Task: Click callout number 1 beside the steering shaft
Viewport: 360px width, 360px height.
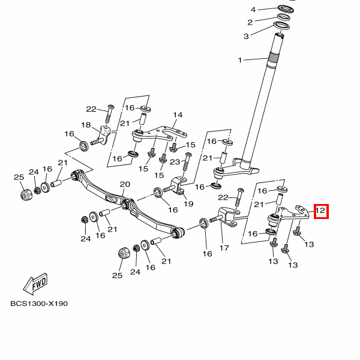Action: (241, 60)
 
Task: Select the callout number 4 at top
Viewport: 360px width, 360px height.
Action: (253, 10)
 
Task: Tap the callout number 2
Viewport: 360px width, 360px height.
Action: (250, 22)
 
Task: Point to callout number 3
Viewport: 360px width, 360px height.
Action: (245, 36)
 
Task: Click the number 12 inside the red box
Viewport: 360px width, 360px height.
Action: (320, 211)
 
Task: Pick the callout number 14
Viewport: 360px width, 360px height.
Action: (178, 115)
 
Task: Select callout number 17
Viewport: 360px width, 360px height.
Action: (225, 247)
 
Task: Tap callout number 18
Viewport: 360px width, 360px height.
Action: (86, 125)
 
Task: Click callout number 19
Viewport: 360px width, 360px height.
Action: (188, 204)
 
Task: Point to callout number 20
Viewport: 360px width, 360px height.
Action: (125, 184)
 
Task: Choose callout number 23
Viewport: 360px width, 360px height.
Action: (175, 161)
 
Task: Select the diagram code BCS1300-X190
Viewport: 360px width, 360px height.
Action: (39, 303)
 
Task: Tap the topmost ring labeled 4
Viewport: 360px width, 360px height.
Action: (286, 10)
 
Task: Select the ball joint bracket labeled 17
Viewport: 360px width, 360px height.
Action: (227, 217)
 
